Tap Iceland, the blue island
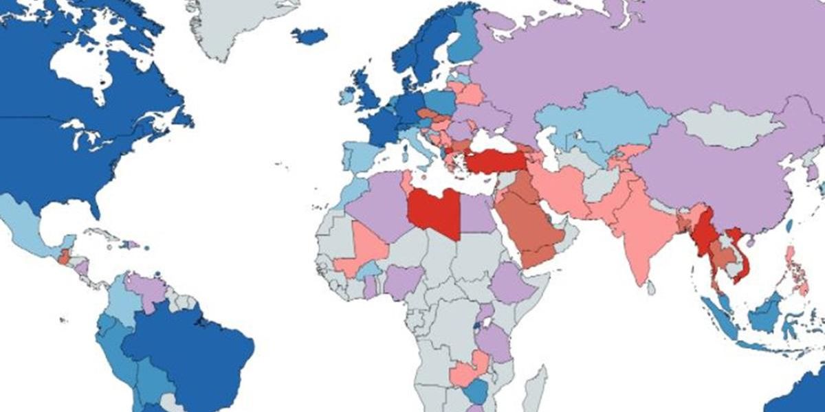click(x=309, y=36)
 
